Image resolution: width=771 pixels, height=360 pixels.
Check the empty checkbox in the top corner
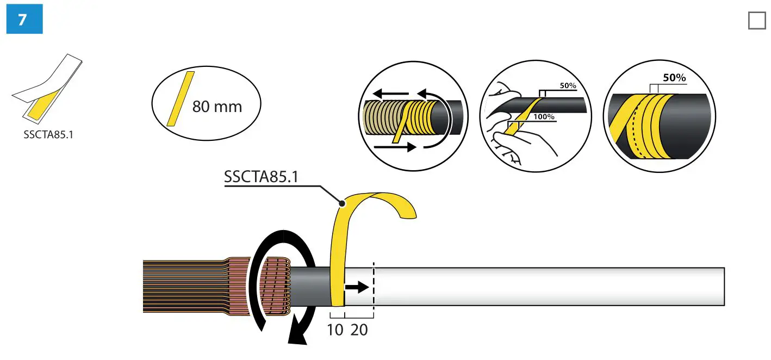(x=756, y=21)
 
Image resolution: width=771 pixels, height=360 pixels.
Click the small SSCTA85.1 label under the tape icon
(x=48, y=134)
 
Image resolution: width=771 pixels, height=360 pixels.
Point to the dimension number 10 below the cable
(x=336, y=330)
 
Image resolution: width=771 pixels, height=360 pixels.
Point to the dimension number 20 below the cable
(x=359, y=330)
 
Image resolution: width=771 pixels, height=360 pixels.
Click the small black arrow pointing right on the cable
(x=357, y=287)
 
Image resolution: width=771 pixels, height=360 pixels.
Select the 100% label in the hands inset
(x=544, y=117)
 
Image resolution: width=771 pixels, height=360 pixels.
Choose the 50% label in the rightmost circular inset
(x=674, y=78)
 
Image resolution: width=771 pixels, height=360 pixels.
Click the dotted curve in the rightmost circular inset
(x=632, y=131)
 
